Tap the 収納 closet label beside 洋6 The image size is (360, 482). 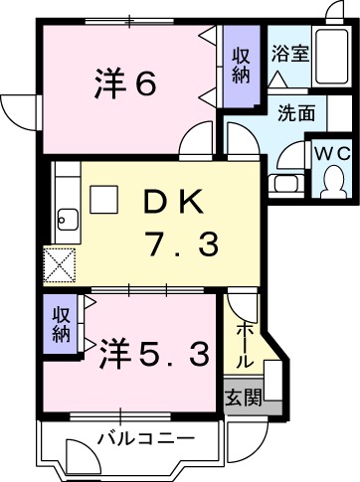241,69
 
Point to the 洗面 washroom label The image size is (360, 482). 295,112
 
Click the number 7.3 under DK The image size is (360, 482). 179,244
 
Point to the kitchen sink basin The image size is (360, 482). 68,218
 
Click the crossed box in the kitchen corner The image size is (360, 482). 58,265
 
